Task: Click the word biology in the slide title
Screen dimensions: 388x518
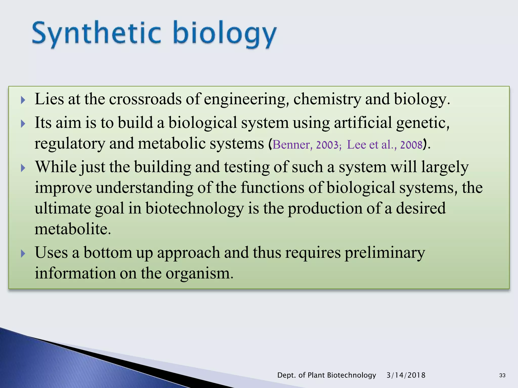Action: tap(225, 34)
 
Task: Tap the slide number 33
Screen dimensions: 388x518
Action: tap(502, 375)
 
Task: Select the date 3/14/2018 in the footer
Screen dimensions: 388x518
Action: tap(406, 375)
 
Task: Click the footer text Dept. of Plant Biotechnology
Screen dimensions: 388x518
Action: tap(327, 375)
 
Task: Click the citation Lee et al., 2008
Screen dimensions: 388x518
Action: tap(384, 145)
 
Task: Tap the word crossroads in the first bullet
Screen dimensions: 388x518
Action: tap(145, 99)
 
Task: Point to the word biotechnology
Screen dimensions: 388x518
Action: tap(195, 209)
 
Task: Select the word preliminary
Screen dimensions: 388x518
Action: tap(385, 253)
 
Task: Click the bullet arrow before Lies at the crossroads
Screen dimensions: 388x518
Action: tap(23, 100)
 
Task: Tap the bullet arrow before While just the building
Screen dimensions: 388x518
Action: tap(23, 168)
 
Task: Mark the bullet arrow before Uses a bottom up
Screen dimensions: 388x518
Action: tap(23, 253)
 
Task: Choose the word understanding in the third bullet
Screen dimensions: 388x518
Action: tap(144, 188)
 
